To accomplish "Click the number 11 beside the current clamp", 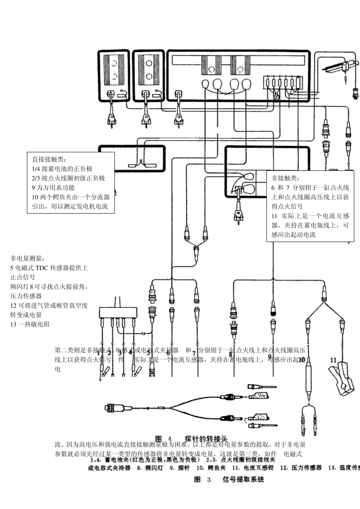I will pyautogui.click(x=333, y=360).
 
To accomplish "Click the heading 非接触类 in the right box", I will pyautogui.click(x=285, y=178).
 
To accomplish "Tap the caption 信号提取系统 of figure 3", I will pyautogui.click(x=243, y=479).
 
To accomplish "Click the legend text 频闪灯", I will pyautogui.click(x=153, y=468).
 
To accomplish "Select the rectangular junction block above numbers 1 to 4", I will pyautogui.click(x=118, y=312).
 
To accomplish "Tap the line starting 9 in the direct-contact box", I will pyautogui.click(x=53, y=188).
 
